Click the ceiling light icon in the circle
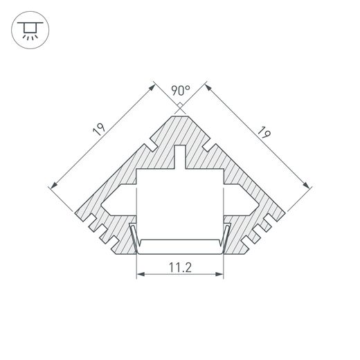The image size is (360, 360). (28, 30)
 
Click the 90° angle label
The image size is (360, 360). (181, 91)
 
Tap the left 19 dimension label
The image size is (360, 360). (98, 129)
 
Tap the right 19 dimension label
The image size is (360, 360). (262, 130)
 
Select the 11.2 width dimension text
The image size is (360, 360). (181, 265)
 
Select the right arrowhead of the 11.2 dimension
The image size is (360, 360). (222, 275)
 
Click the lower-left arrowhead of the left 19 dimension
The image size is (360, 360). (54, 184)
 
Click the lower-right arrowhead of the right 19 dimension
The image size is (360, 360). (306, 184)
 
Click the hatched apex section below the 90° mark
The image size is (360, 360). (180, 128)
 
